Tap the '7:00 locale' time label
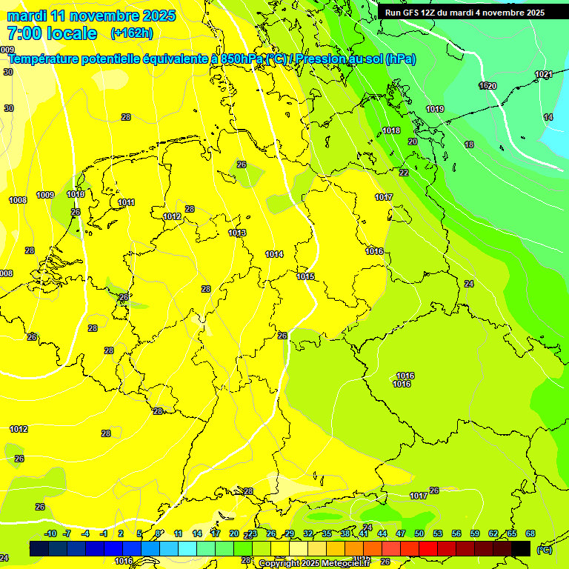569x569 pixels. pyautogui.click(x=52, y=33)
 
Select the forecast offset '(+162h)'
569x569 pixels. pyautogui.click(x=132, y=33)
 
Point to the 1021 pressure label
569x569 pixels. pyautogui.click(x=544, y=74)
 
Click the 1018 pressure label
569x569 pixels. pyautogui.click(x=391, y=131)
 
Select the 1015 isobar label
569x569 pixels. pyautogui.click(x=305, y=277)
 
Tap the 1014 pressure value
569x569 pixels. pyautogui.click(x=274, y=255)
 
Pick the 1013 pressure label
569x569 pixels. pyautogui.click(x=237, y=233)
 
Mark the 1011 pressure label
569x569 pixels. pyautogui.click(x=126, y=203)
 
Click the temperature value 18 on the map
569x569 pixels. pyautogui.click(x=469, y=145)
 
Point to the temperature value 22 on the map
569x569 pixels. pyautogui.click(x=404, y=173)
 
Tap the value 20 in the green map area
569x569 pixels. pyautogui.click(x=413, y=142)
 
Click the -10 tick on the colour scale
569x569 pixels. pyautogui.click(x=50, y=534)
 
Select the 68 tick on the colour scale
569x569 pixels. pyautogui.click(x=530, y=534)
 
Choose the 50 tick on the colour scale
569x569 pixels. pyautogui.click(x=419, y=534)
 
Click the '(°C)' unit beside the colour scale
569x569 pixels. pyautogui.click(x=544, y=550)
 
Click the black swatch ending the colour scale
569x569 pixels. pyautogui.click(x=521, y=548)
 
